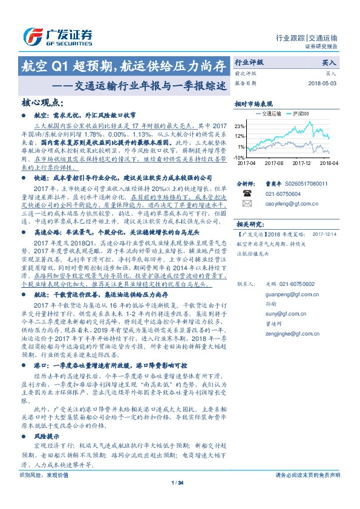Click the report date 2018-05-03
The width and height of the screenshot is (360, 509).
click(x=324, y=83)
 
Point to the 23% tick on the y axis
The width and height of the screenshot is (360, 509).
click(x=241, y=126)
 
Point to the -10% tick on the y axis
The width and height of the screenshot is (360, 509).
click(x=240, y=157)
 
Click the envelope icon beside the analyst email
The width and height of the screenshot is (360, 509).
click(x=247, y=204)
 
